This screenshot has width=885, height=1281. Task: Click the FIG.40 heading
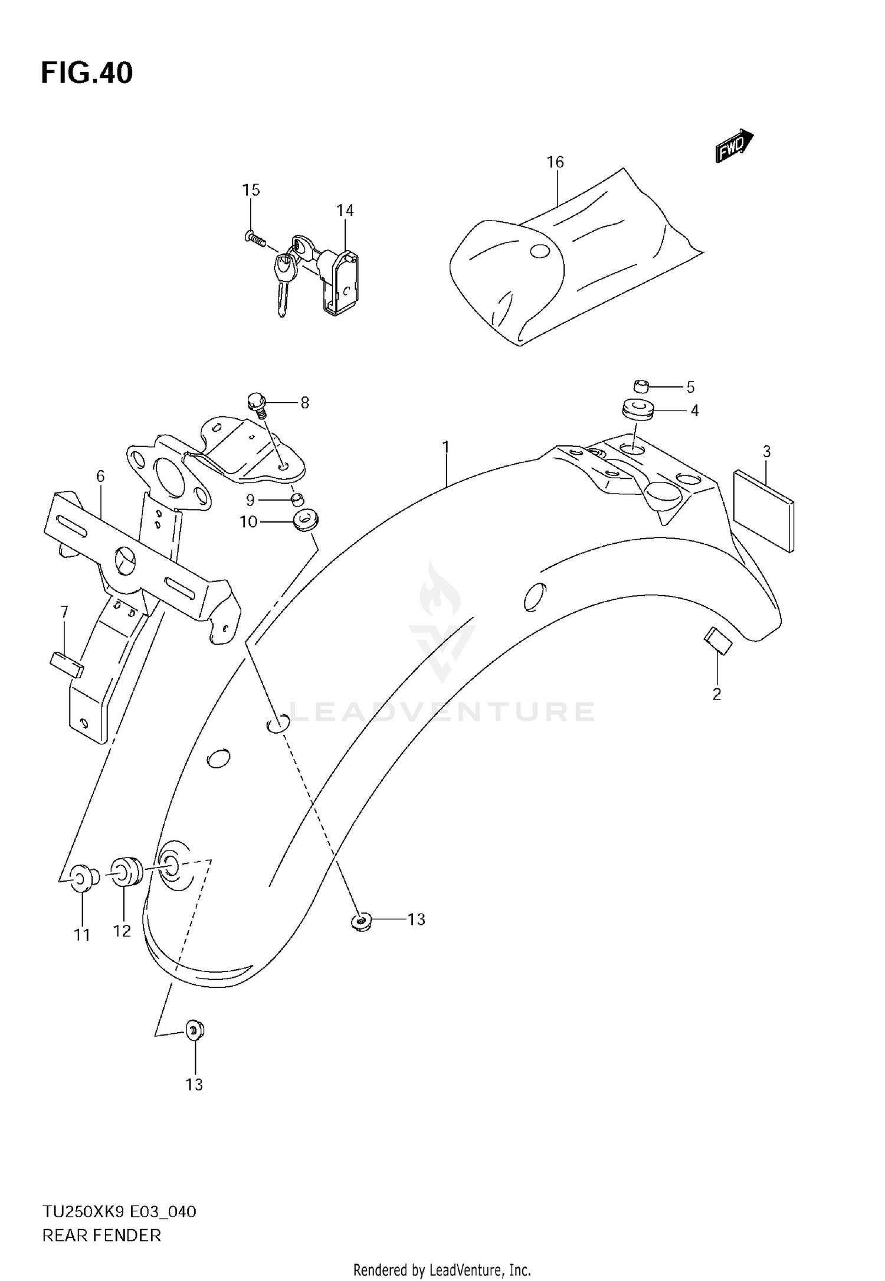tap(87, 74)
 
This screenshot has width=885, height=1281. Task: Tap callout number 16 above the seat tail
tap(555, 162)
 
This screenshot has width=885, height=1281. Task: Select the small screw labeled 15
tap(254, 238)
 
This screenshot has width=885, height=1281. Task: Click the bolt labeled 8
tap(257, 403)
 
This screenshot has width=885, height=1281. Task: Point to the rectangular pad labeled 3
tap(763, 510)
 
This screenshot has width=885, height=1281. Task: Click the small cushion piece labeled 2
tap(718, 641)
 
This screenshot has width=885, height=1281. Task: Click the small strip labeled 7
tap(66, 664)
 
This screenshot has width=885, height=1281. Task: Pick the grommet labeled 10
tap(306, 521)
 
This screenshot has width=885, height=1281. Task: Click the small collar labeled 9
tap(299, 501)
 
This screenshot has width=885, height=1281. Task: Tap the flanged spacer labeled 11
tap(82, 878)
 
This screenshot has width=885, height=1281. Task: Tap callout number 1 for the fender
tap(446, 447)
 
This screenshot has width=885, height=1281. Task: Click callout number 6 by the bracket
tap(100, 476)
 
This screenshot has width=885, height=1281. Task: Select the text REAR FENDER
tap(101, 1236)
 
